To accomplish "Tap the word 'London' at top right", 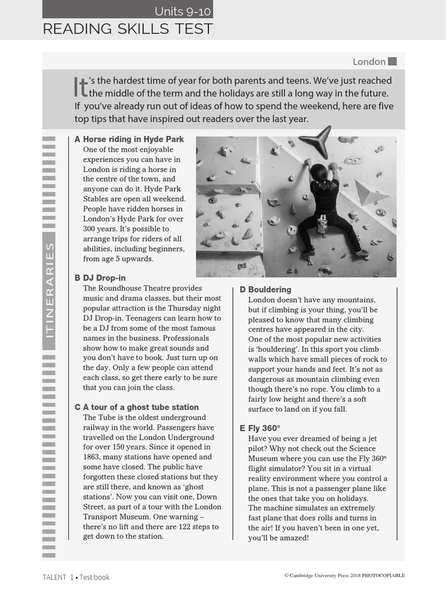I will tap(369, 62).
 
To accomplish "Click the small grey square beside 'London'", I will tap(392, 61).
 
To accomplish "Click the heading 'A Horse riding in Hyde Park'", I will tap(129, 139).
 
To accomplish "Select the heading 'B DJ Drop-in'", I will tap(100, 278).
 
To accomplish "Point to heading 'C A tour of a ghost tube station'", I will tap(136, 407).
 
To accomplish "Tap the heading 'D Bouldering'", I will tap(265, 290).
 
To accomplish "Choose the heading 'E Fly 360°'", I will tap(260, 428).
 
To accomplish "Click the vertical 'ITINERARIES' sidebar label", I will tap(50, 290).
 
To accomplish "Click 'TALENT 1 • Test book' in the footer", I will tap(76, 577).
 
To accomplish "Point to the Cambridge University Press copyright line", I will tap(344, 575).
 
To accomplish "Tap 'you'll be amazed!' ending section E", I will tap(278, 538).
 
